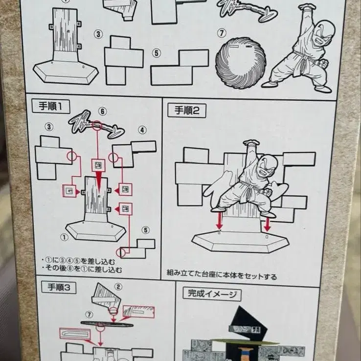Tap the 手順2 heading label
187,110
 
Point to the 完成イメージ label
212,294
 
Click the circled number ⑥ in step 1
103,112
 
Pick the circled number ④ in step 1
142,130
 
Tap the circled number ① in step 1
63,237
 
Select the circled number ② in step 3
118,287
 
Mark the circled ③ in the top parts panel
99,34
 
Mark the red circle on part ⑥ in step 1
97,126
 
